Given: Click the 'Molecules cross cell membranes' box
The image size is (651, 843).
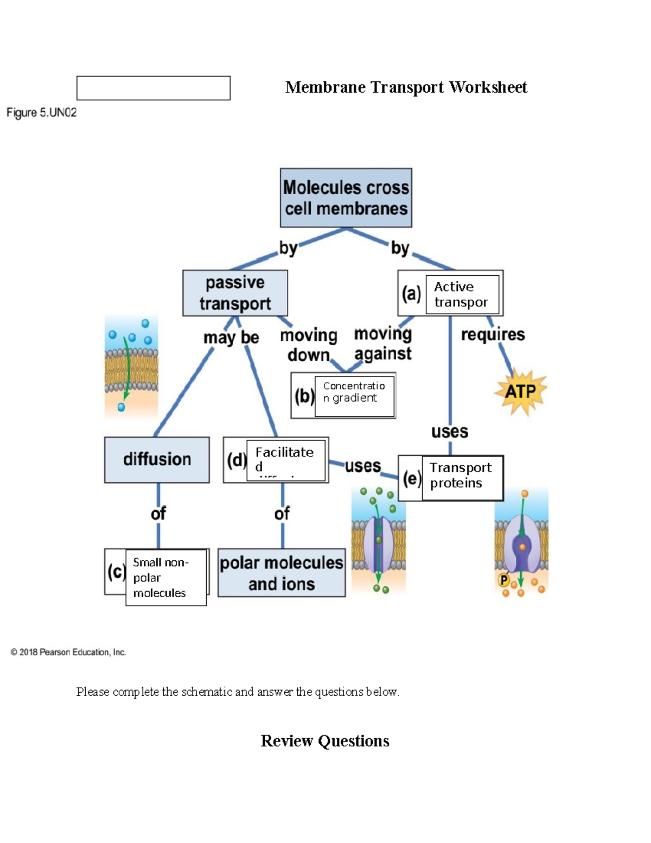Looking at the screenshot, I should pyautogui.click(x=346, y=198).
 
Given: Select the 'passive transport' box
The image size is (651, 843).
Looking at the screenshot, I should pyautogui.click(x=235, y=293).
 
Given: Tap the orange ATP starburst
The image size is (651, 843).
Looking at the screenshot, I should pyautogui.click(x=520, y=391).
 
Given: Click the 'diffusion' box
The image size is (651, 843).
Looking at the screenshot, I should pyautogui.click(x=157, y=459).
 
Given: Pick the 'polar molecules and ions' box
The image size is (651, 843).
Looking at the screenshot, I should pyautogui.click(x=282, y=573).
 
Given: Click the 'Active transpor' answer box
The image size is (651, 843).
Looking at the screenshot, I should pyautogui.click(x=462, y=294).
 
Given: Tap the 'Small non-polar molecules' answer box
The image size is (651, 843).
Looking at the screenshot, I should pyautogui.click(x=165, y=578).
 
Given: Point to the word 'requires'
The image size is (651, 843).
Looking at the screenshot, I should pyautogui.click(x=493, y=334).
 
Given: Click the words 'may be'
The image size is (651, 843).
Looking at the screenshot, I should pyautogui.click(x=231, y=338).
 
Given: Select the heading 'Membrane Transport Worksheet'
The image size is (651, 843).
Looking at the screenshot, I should pyautogui.click(x=406, y=87).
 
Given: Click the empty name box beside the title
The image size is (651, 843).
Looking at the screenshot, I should pyautogui.click(x=154, y=88).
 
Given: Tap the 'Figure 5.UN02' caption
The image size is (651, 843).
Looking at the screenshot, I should pyautogui.click(x=42, y=113).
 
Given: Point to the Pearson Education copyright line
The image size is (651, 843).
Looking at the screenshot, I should pyautogui.click(x=68, y=652).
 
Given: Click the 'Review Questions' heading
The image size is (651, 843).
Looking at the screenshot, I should pyautogui.click(x=325, y=741).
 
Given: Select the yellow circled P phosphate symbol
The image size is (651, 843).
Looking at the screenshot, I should pyautogui.click(x=504, y=580).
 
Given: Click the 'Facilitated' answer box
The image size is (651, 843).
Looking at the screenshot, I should pyautogui.click(x=286, y=460).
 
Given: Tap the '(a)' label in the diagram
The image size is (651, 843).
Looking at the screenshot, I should pyautogui.click(x=411, y=294).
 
